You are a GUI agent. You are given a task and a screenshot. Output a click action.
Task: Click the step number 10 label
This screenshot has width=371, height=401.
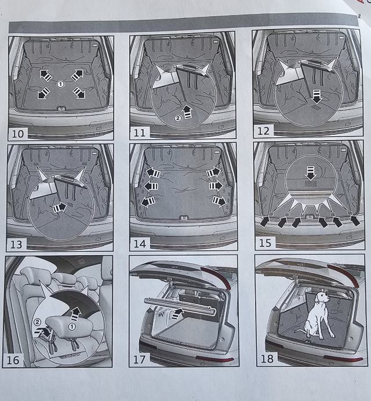(x=19, y=133)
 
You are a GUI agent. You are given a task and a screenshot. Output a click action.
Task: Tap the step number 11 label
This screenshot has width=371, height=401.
(x=140, y=132)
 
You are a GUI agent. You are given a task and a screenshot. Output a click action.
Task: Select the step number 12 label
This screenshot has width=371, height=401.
(x=263, y=131)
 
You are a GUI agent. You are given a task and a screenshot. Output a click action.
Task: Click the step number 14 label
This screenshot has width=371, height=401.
(x=140, y=243)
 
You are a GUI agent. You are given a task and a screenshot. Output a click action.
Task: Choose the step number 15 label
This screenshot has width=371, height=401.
(x=264, y=243)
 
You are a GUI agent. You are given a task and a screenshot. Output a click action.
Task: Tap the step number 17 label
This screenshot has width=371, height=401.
(x=140, y=359)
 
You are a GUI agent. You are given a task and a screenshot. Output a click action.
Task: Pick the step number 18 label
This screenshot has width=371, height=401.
(x=267, y=359)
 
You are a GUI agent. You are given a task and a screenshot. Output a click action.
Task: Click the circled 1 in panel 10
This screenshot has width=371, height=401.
(x=60, y=85)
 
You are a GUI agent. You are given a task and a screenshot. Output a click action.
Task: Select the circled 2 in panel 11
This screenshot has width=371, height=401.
(x=179, y=119)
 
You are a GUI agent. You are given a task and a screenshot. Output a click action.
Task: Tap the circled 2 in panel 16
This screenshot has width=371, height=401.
(x=37, y=321)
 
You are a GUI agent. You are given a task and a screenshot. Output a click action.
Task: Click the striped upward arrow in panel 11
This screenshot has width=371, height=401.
(x=187, y=110)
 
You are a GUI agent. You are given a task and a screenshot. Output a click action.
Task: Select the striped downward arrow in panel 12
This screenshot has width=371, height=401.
(x=315, y=95)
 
